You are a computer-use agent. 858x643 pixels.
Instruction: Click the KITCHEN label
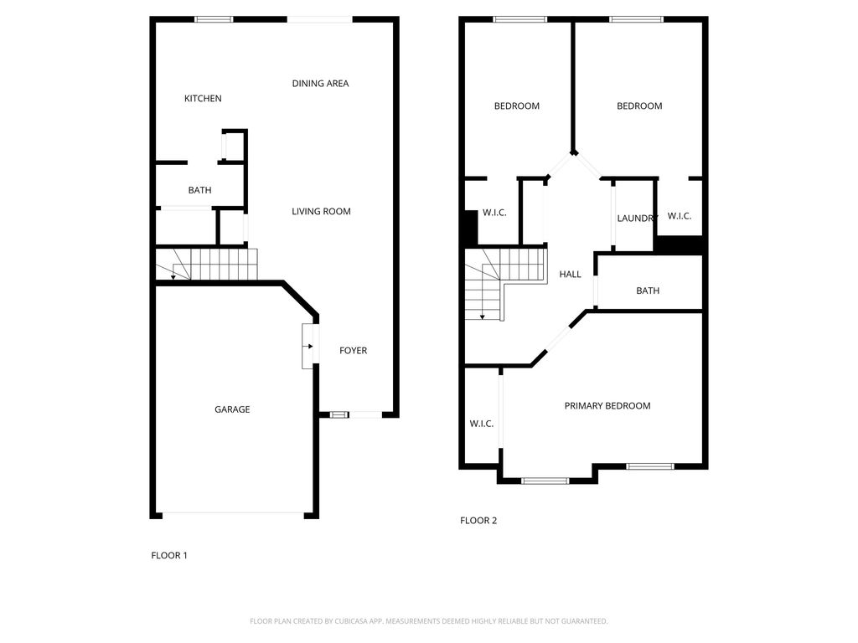[203, 99]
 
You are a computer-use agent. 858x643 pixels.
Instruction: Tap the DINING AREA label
[320, 84]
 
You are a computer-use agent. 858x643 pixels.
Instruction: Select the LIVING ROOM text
[321, 212]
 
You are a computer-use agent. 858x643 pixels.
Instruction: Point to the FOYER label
[353, 351]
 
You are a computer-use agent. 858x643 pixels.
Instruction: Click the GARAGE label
[232, 409]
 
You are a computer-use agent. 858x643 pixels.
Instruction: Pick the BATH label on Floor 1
[199, 191]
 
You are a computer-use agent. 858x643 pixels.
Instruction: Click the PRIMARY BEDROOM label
[607, 406]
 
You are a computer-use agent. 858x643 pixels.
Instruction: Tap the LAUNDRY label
[637, 219]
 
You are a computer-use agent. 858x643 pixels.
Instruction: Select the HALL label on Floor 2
[570, 275]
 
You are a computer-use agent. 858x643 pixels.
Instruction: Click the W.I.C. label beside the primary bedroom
[481, 424]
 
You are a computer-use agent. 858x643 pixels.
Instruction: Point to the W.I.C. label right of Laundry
[679, 216]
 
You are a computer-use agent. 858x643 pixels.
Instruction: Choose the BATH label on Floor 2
[648, 291]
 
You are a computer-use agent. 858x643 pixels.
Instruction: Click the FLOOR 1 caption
[169, 555]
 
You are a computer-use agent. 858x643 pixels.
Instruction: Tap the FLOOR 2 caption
[478, 521]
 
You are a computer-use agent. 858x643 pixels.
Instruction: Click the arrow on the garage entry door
[309, 346]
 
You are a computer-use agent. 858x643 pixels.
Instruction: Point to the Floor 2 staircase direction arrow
[483, 316]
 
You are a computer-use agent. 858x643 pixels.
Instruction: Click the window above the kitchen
[214, 19]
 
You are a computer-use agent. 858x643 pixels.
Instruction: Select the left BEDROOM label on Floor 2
[516, 106]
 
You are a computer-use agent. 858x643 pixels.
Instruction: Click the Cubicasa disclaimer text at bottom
[428, 621]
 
